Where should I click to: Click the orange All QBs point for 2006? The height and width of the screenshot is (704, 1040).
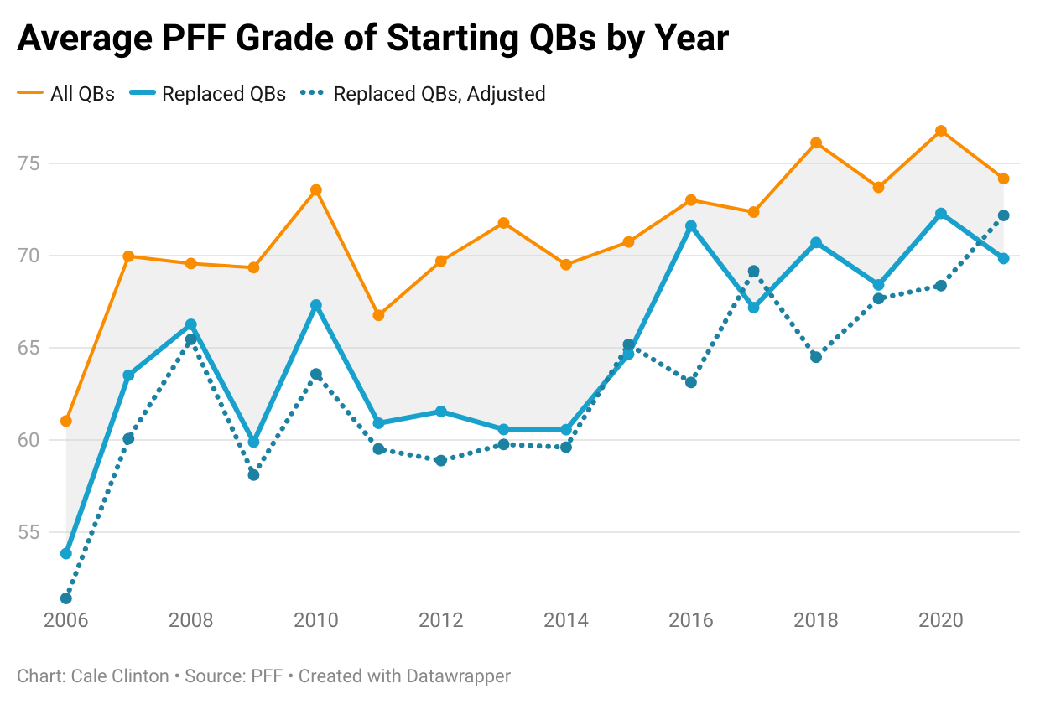point(66,421)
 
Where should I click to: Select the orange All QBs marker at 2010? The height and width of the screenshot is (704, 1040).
point(316,190)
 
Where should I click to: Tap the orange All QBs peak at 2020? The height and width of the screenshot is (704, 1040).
point(941,131)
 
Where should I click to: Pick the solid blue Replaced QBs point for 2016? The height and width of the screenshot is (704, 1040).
point(691,226)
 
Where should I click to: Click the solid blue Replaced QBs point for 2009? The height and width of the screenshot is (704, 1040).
point(253,442)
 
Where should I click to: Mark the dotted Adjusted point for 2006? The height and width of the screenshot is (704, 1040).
point(66,598)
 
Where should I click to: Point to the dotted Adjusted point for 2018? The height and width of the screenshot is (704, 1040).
point(816,357)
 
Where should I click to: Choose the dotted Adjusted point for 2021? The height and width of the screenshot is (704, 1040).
point(1003,215)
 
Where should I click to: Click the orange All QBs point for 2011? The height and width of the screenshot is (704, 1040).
point(378,315)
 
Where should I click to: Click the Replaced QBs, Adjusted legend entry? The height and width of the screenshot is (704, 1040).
point(439,94)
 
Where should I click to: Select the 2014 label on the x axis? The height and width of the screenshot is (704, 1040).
point(566,620)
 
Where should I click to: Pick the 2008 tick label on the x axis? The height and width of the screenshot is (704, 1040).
point(191,620)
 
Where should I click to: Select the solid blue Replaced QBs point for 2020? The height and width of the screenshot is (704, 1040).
point(941,214)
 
